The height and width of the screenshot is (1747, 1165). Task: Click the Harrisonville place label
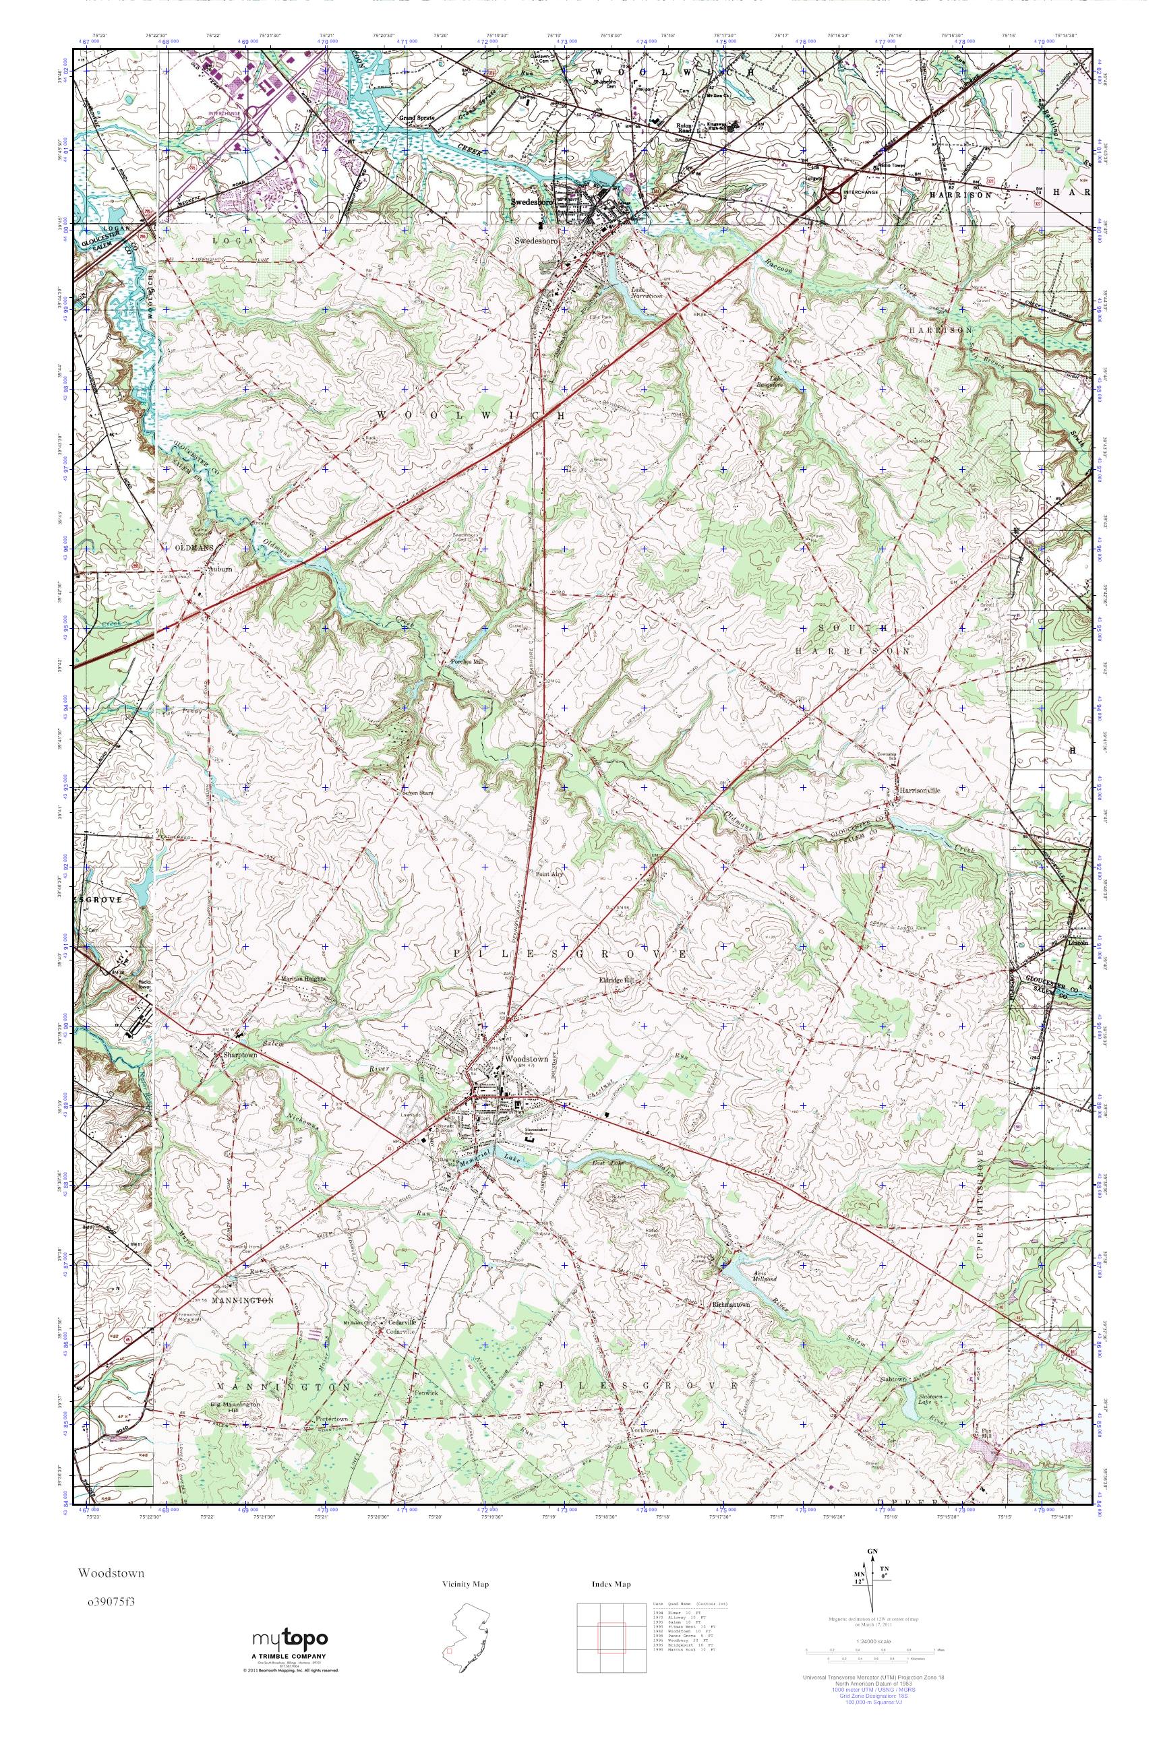(x=919, y=791)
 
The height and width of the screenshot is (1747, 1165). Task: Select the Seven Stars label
(x=417, y=793)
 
